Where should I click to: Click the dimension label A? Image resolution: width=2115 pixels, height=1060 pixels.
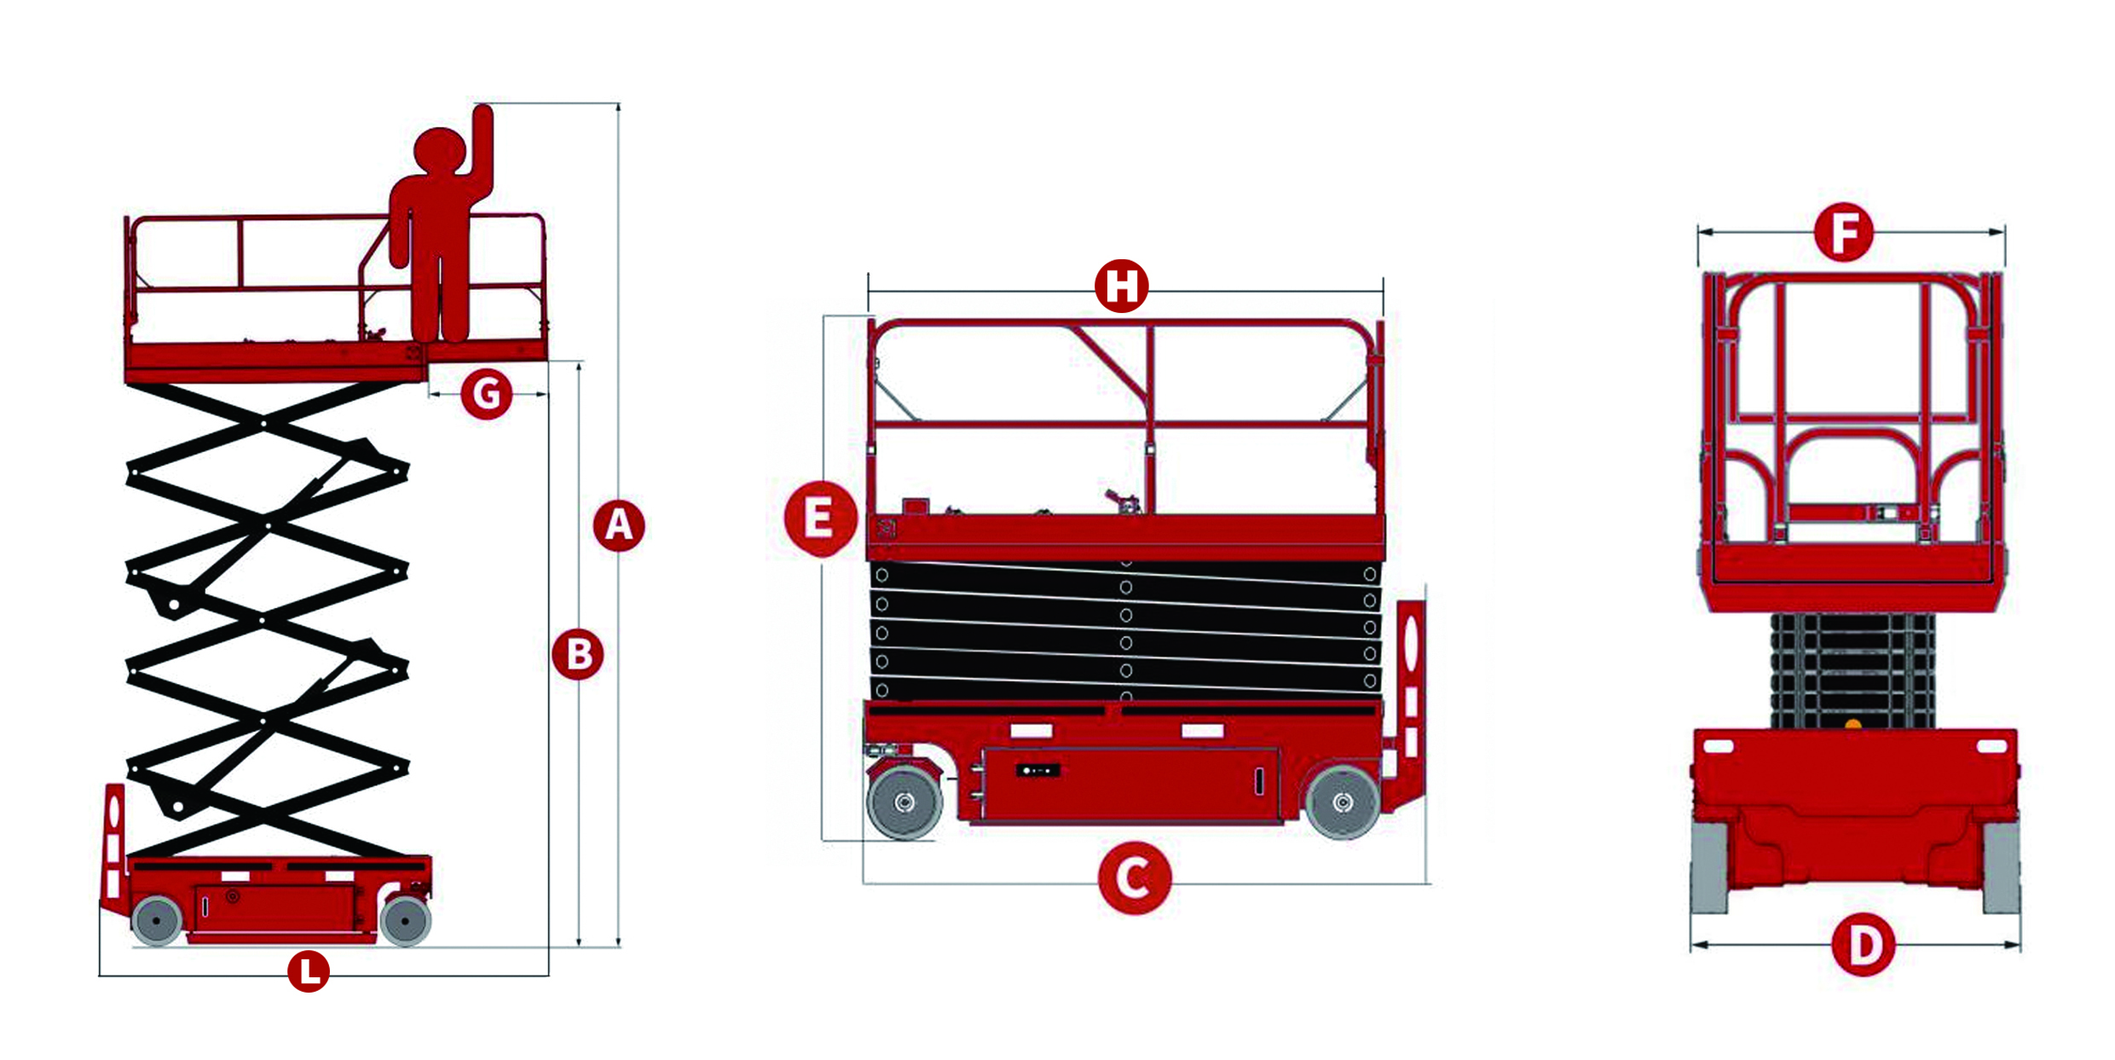[x=619, y=524]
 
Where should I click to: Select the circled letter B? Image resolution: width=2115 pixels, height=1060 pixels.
[x=578, y=654]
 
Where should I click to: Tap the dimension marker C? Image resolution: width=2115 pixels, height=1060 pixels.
[x=1135, y=878]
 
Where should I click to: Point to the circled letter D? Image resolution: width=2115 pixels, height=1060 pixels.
[x=1864, y=945]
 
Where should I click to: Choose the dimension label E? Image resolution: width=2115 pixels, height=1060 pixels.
[x=820, y=518]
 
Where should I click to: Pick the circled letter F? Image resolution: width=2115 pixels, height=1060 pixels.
[x=1844, y=232]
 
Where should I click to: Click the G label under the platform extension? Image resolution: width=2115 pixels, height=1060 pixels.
[x=487, y=394]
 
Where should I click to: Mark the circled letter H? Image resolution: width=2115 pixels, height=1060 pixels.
[x=1122, y=286]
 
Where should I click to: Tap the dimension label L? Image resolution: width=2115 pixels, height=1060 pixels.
[x=309, y=971]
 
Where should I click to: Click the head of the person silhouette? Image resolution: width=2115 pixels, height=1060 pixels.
[x=440, y=152]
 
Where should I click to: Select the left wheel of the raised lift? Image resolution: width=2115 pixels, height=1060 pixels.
[x=157, y=920]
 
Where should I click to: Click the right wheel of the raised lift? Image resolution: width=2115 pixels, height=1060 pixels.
[x=406, y=920]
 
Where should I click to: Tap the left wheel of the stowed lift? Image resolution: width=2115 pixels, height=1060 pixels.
[x=904, y=802]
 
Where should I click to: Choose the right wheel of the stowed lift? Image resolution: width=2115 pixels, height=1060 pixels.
[x=1343, y=802]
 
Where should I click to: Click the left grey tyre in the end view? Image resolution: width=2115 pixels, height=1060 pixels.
[x=1709, y=866]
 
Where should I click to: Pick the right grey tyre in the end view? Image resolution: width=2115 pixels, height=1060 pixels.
[x=2001, y=866]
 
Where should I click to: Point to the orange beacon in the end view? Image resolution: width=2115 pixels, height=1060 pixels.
[x=1852, y=725]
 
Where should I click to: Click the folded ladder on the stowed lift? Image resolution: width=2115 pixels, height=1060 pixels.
[x=1408, y=704]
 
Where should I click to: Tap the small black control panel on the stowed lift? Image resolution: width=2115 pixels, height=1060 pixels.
[x=1037, y=771]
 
